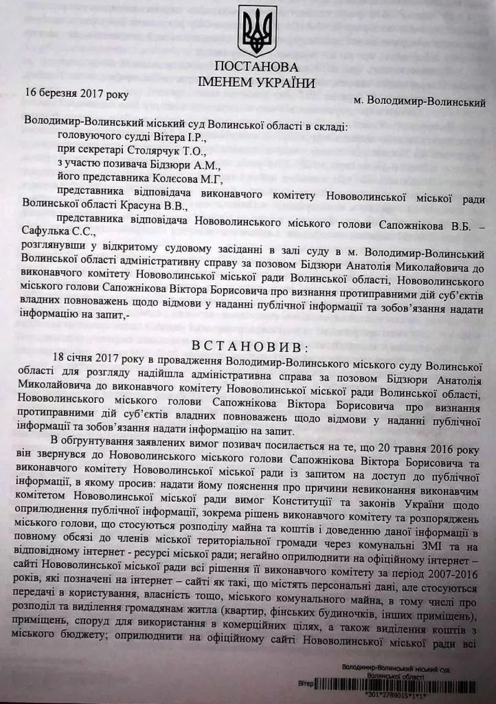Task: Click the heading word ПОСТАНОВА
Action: pos(256,67)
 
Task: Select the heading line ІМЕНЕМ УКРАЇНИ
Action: pos(256,83)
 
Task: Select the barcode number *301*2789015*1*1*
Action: pos(383,695)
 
